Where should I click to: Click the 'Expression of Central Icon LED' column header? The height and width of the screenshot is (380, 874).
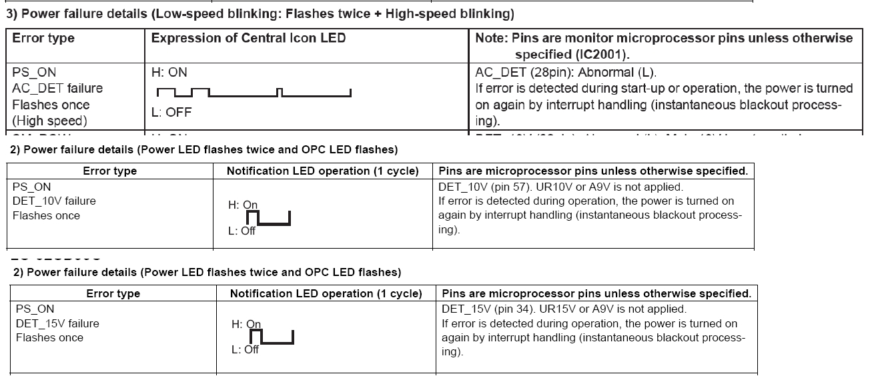(x=248, y=39)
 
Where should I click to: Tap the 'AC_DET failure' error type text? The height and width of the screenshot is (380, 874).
(x=57, y=89)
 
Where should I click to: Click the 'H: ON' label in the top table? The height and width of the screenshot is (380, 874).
(x=169, y=72)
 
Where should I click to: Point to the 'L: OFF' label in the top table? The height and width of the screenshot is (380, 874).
(x=171, y=112)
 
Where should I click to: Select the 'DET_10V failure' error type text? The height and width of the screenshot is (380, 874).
(x=54, y=201)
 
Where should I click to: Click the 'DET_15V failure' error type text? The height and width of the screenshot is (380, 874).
(x=57, y=324)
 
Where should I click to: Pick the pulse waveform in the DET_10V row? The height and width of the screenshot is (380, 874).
(x=268, y=218)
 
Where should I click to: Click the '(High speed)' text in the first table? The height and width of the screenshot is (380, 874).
(x=50, y=121)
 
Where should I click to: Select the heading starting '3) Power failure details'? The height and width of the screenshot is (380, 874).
(x=260, y=13)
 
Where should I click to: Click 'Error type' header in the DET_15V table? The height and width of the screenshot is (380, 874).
(x=113, y=294)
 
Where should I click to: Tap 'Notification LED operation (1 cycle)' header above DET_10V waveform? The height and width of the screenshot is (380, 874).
(x=322, y=171)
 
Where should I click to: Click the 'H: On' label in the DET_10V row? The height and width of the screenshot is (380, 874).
(x=244, y=205)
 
